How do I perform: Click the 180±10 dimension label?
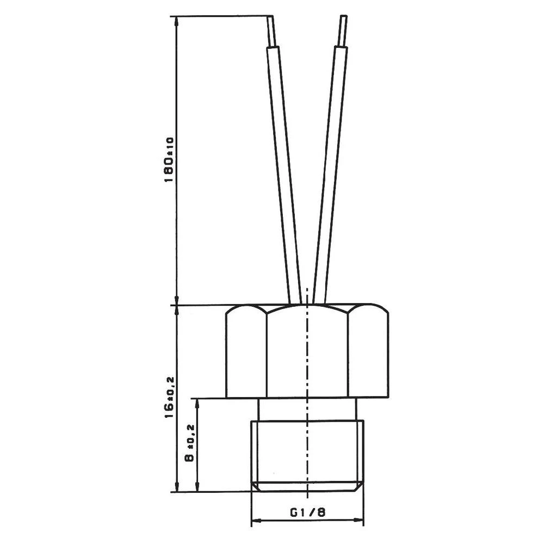click(x=169, y=159)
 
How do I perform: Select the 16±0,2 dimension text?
click(x=169, y=397)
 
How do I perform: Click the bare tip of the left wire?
click(x=272, y=31)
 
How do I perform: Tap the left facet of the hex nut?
click(x=246, y=354)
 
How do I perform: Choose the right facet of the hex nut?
click(x=368, y=354)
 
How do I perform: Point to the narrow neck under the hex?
click(x=283, y=409)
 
